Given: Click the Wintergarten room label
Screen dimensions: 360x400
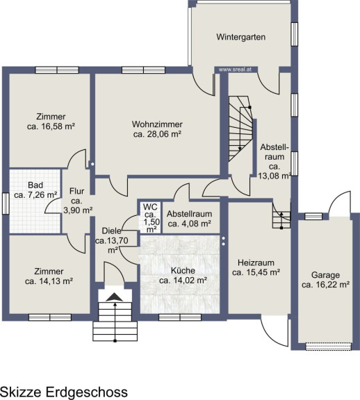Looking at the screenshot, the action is click(240, 37).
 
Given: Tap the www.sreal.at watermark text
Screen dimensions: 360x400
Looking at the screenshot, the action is click(235, 69).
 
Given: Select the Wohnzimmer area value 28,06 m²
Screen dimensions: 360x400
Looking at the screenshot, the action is click(157, 134).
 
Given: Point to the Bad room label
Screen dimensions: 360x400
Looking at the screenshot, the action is click(35, 185).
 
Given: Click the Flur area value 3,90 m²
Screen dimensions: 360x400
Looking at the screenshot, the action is click(78, 210).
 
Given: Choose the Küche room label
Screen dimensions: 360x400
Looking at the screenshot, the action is click(183, 270).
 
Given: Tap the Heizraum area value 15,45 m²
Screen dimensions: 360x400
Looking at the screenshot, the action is click(256, 272).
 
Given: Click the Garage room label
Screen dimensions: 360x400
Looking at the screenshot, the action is click(325, 275).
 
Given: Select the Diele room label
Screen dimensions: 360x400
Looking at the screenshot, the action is click(112, 231).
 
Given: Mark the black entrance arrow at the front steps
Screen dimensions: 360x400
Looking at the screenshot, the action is click(115, 297).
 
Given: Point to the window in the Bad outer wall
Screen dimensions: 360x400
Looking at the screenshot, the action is click(6, 203).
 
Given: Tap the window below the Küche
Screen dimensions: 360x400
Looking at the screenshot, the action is click(180, 317).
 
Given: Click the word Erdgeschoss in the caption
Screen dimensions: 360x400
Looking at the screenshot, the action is click(87, 392).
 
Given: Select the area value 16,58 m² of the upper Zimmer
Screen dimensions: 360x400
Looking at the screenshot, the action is click(51, 126).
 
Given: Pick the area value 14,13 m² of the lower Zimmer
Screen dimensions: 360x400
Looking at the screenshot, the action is click(49, 281).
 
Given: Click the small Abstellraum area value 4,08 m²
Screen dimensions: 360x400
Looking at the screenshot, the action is click(190, 224).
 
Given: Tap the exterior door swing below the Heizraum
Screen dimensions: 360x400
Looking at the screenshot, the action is click(275, 330).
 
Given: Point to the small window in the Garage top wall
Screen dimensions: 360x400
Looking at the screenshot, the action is click(313, 217).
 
